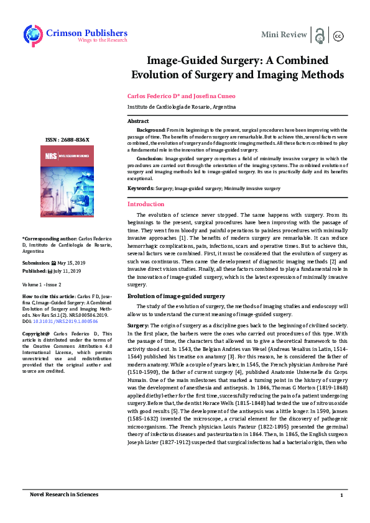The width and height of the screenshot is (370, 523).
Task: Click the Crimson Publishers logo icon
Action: [33, 34]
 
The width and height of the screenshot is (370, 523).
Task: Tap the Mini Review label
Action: [284, 34]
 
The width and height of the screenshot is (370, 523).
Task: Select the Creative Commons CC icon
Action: [339, 35]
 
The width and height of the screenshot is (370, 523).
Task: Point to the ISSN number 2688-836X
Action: [68, 140]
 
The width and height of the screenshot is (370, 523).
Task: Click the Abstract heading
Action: [138, 121]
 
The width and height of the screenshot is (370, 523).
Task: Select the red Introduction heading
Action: [146, 204]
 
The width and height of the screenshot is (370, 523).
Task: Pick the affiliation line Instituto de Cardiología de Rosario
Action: [172, 106]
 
